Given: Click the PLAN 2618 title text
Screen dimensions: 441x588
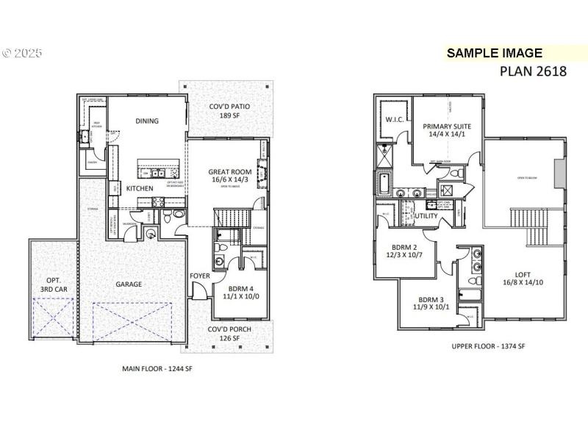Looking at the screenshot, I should pyautogui.click(x=533, y=71).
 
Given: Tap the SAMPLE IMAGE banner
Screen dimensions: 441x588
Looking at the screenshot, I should pyautogui.click(x=494, y=53).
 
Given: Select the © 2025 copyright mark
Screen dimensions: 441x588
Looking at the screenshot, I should pyautogui.click(x=22, y=54).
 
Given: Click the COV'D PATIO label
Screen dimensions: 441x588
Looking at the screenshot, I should pyautogui.click(x=229, y=107).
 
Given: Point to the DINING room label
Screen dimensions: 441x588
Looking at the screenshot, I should pyautogui.click(x=147, y=121).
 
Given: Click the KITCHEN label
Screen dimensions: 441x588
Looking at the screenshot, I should pyautogui.click(x=140, y=188).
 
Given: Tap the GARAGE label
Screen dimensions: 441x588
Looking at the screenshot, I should pyautogui.click(x=128, y=284).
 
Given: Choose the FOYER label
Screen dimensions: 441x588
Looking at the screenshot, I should pyautogui.click(x=200, y=276).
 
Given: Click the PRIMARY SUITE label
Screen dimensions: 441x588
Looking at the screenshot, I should pyautogui.click(x=447, y=126).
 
